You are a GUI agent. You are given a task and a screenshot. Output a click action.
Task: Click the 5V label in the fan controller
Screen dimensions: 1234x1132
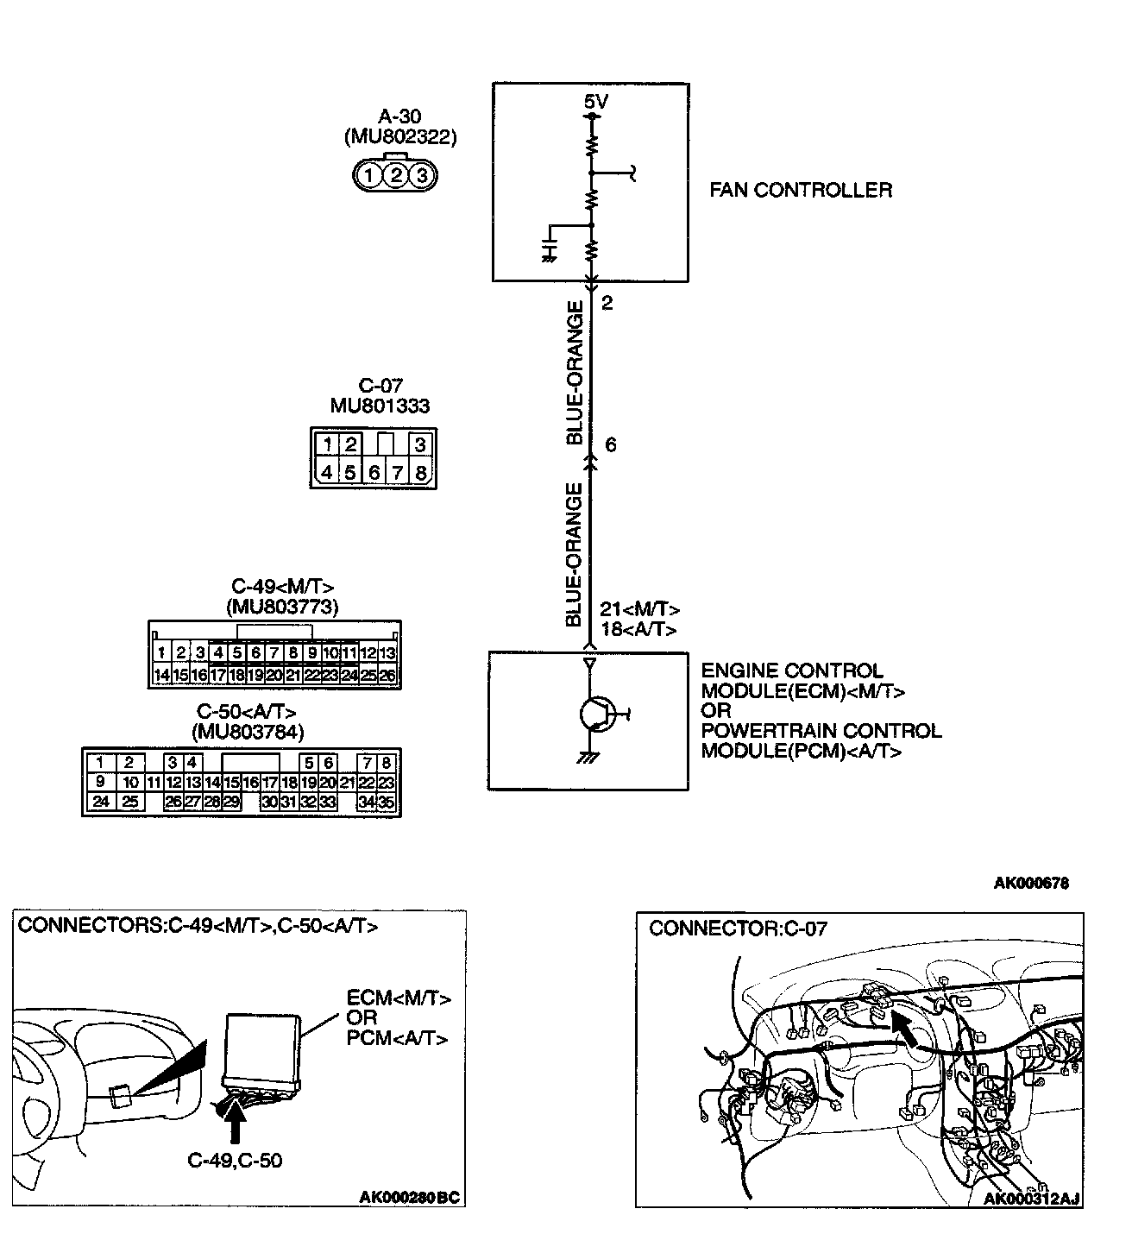595,102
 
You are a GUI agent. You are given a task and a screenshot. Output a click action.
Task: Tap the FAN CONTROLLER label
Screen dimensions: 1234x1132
801,190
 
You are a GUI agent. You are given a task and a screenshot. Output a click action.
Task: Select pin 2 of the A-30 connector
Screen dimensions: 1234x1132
395,176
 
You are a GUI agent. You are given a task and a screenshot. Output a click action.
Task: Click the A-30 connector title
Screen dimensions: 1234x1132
399,116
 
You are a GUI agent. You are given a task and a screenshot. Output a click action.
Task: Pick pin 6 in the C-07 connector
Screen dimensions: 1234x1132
374,473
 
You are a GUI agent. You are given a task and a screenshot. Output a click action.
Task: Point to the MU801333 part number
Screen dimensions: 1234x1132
380,406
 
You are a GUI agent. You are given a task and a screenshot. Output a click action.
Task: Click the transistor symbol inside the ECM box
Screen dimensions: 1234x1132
595,714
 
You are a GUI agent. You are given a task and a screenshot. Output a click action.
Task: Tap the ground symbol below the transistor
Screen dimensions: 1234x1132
589,757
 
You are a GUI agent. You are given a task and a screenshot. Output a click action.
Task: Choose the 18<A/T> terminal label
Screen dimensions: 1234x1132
638,630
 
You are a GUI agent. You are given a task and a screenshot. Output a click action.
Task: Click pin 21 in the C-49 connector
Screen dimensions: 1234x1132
293,675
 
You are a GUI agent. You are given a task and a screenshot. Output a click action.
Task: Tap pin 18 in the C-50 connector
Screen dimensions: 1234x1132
290,783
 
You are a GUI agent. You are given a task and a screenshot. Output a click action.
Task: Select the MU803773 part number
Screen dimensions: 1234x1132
282,608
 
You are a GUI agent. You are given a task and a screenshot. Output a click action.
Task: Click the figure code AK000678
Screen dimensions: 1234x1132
1031,883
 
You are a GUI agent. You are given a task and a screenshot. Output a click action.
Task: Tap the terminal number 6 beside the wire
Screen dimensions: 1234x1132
611,445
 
